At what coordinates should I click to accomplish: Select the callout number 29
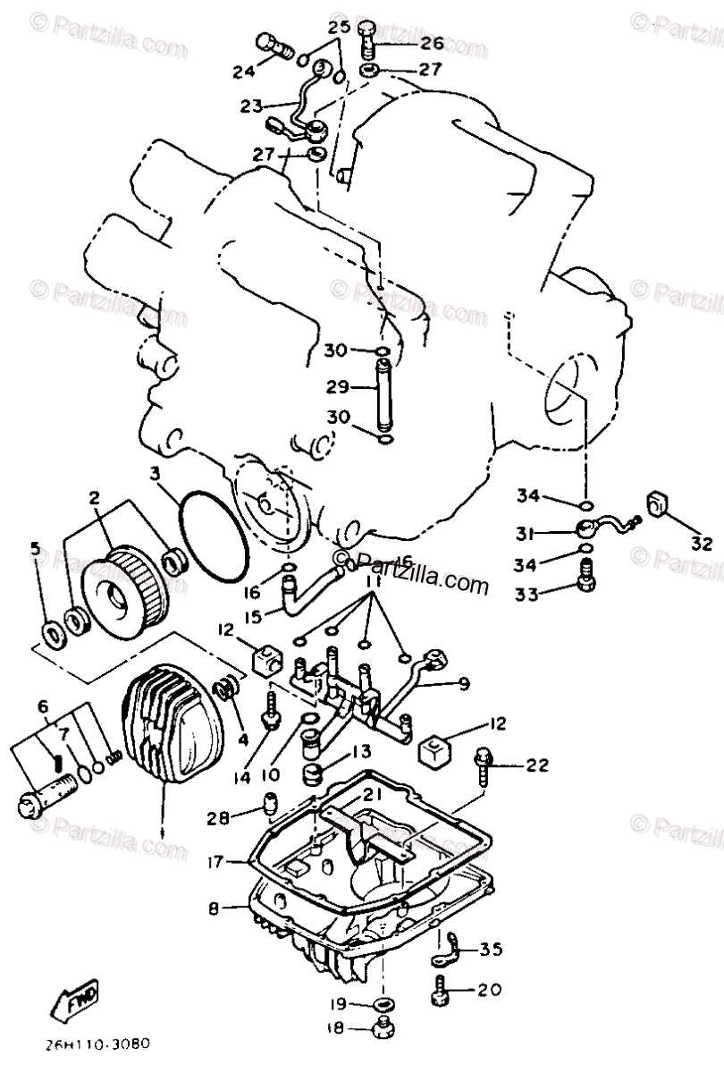(337, 387)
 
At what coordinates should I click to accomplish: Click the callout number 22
(537, 765)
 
